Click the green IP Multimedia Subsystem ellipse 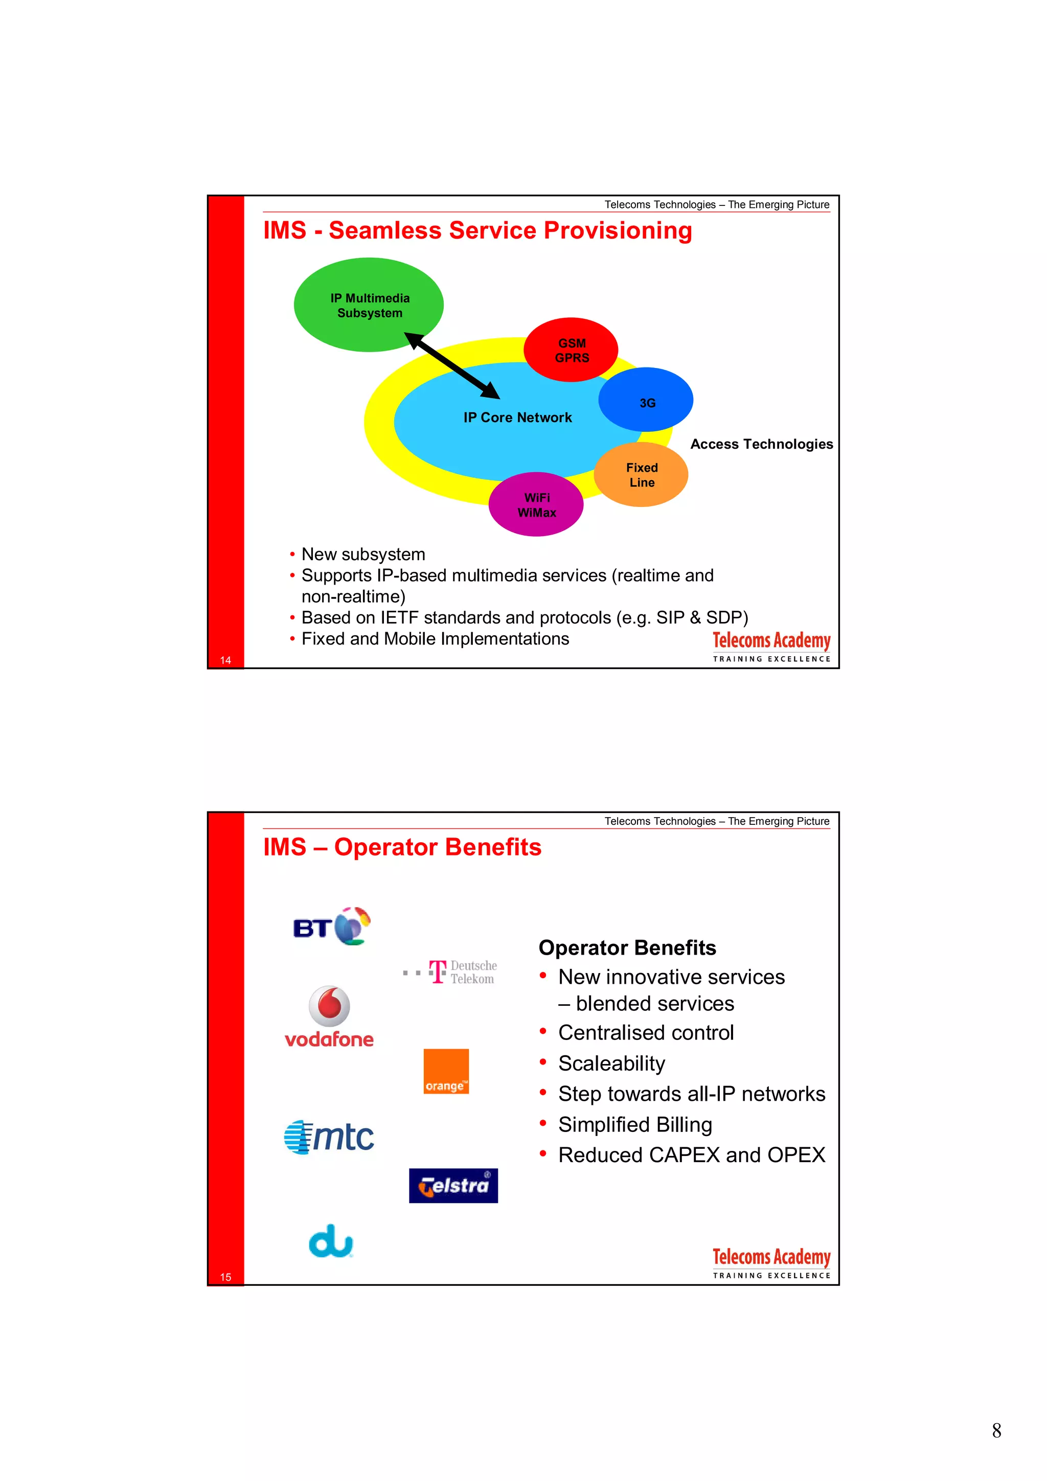pyautogui.click(x=369, y=305)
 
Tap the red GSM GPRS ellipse pyautogui.click(x=571, y=350)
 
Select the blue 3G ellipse pyautogui.click(x=646, y=400)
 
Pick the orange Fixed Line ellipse pyautogui.click(x=641, y=475)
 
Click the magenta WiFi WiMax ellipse pyautogui.click(x=536, y=504)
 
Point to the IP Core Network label pyautogui.click(x=517, y=418)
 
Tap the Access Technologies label pyautogui.click(x=761, y=444)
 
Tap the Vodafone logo pyautogui.click(x=329, y=1016)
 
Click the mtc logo pyautogui.click(x=329, y=1137)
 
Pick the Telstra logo pyautogui.click(x=453, y=1186)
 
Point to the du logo pyautogui.click(x=331, y=1241)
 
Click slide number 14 pyautogui.click(x=225, y=660)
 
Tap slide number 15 pyautogui.click(x=225, y=1277)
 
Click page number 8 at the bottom pyautogui.click(x=996, y=1431)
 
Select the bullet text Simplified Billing pyautogui.click(x=635, y=1124)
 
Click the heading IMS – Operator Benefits pyautogui.click(x=402, y=847)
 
